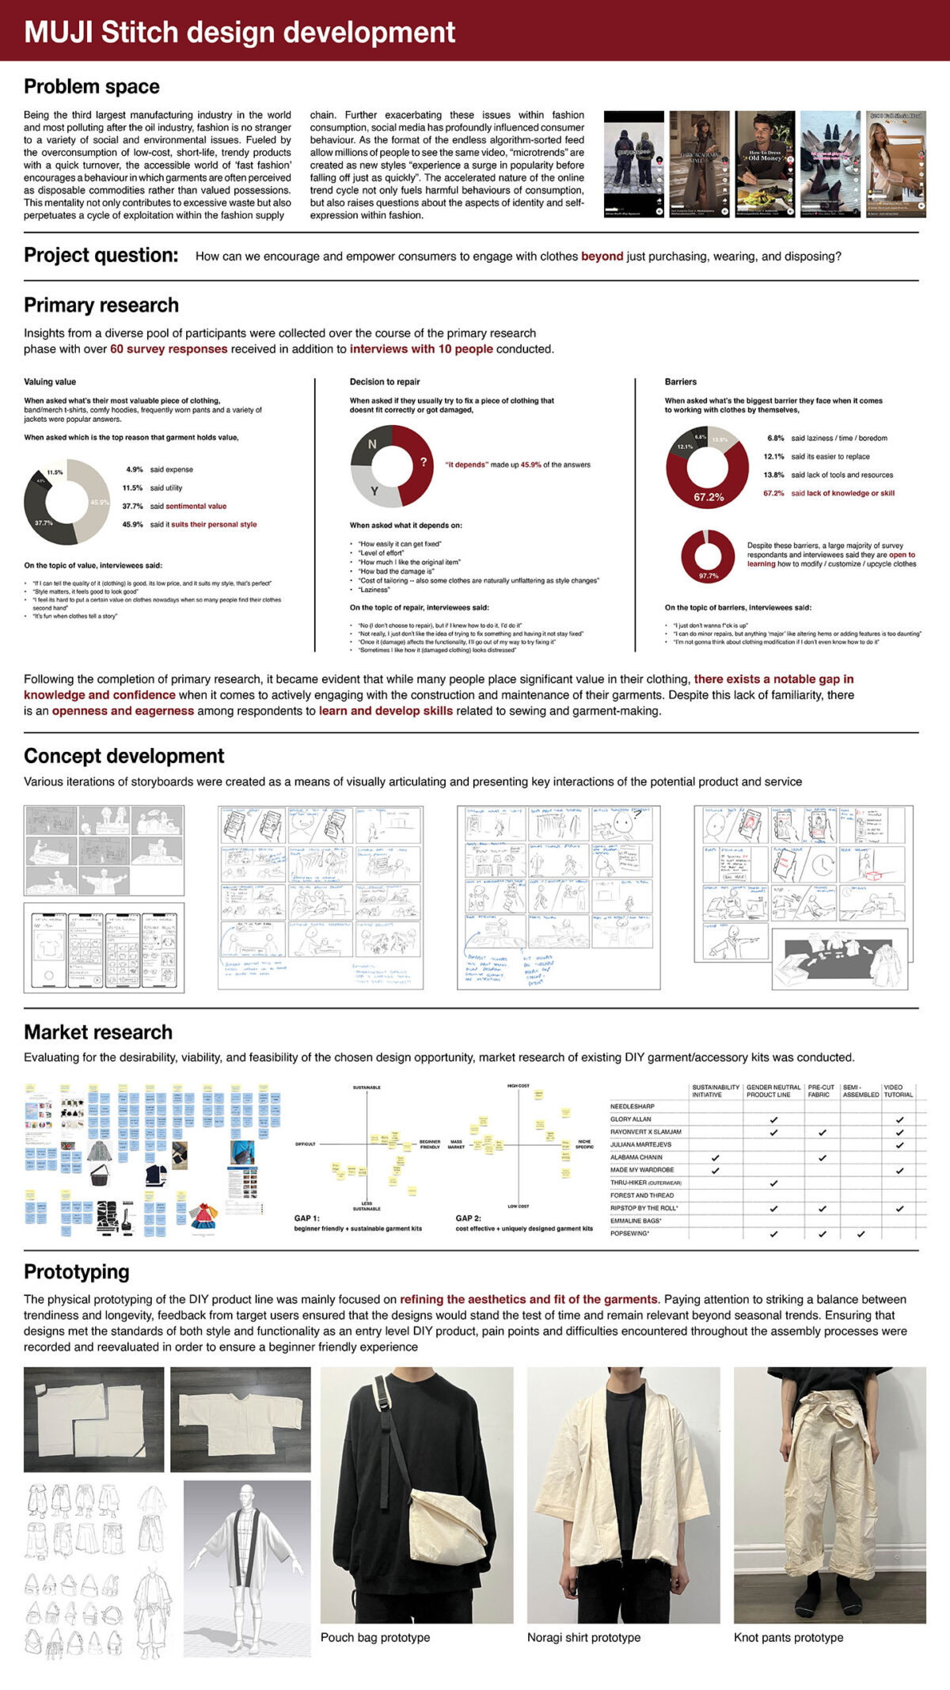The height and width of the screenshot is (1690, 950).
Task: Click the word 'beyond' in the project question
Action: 602,256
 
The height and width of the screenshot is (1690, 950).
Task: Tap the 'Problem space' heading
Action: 92,87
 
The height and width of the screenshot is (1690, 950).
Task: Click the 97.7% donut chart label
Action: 708,575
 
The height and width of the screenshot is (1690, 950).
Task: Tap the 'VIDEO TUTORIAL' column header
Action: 899,1091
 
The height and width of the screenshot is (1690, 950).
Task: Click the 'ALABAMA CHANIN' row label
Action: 636,1157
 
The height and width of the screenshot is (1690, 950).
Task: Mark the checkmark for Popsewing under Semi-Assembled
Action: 861,1234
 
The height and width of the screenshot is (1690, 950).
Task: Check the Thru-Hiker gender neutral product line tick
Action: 773,1183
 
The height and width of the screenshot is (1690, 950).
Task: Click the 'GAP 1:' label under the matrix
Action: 307,1218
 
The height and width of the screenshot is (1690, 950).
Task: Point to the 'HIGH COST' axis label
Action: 518,1086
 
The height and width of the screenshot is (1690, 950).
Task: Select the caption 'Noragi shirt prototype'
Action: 583,1637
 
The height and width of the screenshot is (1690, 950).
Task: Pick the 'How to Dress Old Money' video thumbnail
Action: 764,164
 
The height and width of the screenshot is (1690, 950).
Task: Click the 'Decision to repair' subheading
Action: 385,382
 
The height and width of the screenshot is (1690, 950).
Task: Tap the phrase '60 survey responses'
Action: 169,349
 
